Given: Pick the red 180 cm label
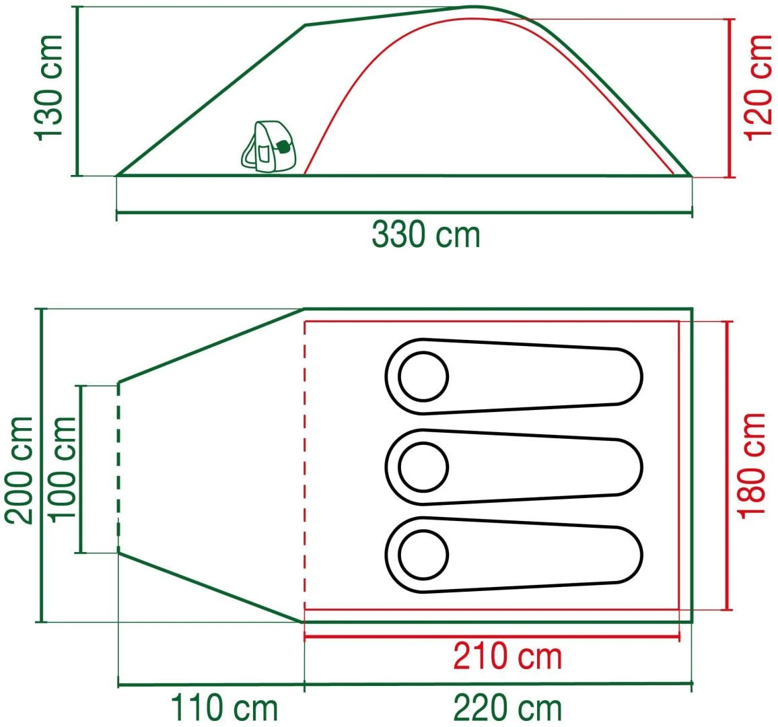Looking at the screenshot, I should coord(752,464).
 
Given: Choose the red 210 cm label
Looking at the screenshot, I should coord(507,656).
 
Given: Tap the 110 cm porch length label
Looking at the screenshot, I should coord(223,708).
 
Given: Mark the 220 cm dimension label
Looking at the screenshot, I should coord(507,708).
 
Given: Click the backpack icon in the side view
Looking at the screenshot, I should coord(268,147).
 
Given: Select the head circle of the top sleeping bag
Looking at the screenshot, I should coord(423,376).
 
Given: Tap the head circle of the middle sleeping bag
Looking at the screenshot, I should coord(423,466).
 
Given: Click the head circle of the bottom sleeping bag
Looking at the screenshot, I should coord(423,555).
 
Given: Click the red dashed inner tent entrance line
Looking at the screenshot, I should coord(305,464).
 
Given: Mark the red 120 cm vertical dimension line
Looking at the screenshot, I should coord(730,98).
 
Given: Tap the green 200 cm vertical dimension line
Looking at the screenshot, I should coord(42,465).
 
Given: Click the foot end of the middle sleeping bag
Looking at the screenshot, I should coord(623,467).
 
